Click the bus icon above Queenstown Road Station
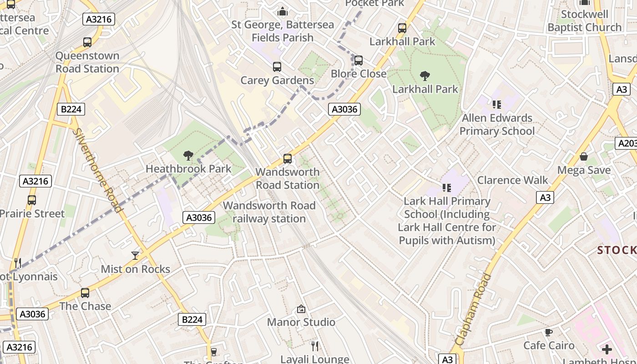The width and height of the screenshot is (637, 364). click(x=87, y=42)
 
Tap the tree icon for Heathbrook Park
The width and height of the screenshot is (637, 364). click(x=188, y=156)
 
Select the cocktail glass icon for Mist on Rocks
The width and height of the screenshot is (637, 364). click(x=135, y=256)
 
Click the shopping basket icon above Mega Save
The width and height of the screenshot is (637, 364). click(x=584, y=157)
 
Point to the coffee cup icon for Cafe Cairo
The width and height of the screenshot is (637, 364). click(x=549, y=332)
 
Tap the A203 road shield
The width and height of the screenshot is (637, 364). click(x=627, y=143)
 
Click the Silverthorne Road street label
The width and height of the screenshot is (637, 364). click(x=97, y=170)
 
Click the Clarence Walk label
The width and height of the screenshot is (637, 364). click(x=513, y=180)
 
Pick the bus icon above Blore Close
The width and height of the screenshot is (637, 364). click(x=359, y=61)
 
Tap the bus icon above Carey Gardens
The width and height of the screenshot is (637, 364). click(x=277, y=67)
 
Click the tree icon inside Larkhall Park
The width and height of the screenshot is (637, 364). click(x=425, y=76)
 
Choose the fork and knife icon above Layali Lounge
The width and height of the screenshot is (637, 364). click(x=313, y=346)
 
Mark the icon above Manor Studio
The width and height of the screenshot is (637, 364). click(x=301, y=309)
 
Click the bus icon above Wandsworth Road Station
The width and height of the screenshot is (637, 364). click(x=288, y=159)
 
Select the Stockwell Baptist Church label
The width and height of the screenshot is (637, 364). click(x=584, y=21)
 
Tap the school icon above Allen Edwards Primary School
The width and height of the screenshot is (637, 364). click(x=496, y=105)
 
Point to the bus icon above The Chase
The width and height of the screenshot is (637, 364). click(x=85, y=293)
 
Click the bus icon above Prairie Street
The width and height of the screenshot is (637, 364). click(x=32, y=200)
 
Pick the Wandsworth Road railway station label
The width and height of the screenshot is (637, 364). click(x=269, y=212)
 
